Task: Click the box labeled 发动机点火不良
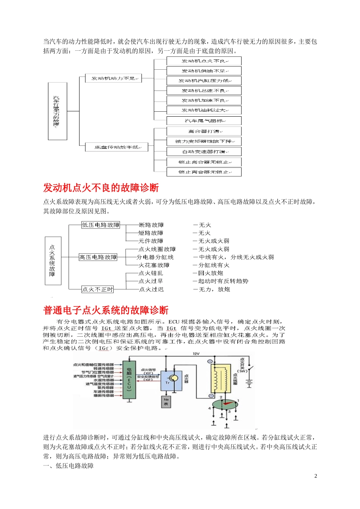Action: point(204,61)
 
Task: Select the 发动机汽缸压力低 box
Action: point(204,81)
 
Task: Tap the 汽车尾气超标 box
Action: point(204,121)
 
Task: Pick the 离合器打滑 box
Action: point(204,131)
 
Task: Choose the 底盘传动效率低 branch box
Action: point(116,147)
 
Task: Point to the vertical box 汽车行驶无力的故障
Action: point(57,111)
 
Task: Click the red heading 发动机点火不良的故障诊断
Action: point(101,188)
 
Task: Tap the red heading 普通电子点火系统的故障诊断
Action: point(106,311)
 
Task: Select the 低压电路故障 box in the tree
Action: point(100,225)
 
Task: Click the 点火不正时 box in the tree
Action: point(98,289)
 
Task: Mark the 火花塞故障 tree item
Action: point(154,265)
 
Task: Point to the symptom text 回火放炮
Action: point(211,273)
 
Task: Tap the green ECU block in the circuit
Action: point(129,379)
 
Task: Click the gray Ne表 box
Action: point(166,402)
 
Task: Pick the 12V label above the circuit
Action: point(196,354)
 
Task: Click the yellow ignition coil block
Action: point(221,379)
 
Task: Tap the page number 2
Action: point(316,476)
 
